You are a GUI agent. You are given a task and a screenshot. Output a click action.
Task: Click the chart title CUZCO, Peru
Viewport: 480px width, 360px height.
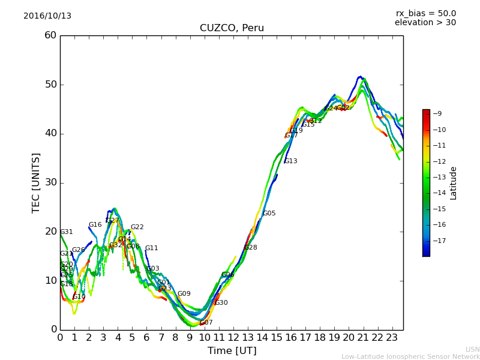232,28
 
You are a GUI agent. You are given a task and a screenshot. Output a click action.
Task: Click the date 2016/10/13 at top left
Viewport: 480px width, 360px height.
47,16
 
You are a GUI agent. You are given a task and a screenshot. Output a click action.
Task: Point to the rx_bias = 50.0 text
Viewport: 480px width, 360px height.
425,13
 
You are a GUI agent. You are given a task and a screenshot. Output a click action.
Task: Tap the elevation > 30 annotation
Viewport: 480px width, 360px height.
425,23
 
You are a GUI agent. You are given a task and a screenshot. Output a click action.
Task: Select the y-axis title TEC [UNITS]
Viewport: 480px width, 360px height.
36,182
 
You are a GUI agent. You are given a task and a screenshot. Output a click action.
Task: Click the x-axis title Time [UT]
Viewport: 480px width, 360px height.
232,351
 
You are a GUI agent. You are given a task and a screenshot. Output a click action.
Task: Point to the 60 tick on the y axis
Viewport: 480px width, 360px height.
50,35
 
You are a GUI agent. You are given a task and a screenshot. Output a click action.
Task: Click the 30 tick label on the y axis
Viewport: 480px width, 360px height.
50,182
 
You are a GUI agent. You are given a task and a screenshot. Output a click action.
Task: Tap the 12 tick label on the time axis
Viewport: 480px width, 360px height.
233,337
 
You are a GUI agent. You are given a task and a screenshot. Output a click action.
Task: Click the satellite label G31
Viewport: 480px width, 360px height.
66,232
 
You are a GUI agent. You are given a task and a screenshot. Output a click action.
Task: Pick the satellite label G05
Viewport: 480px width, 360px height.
269,214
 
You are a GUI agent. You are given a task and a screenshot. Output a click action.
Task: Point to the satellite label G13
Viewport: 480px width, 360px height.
290,161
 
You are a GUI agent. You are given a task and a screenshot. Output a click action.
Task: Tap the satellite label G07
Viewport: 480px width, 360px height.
206,323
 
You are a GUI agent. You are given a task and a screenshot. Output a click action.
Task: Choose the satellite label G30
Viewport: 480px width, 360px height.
221,303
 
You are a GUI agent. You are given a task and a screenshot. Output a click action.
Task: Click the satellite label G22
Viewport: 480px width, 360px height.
137,227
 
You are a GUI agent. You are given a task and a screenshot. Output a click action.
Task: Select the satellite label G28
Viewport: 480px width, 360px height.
250,248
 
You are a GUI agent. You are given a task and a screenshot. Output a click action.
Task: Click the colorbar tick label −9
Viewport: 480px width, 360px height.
437,113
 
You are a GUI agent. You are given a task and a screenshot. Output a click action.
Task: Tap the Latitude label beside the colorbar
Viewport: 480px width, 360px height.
454,183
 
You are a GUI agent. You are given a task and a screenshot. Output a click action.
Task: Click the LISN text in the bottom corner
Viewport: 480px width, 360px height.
472,349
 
